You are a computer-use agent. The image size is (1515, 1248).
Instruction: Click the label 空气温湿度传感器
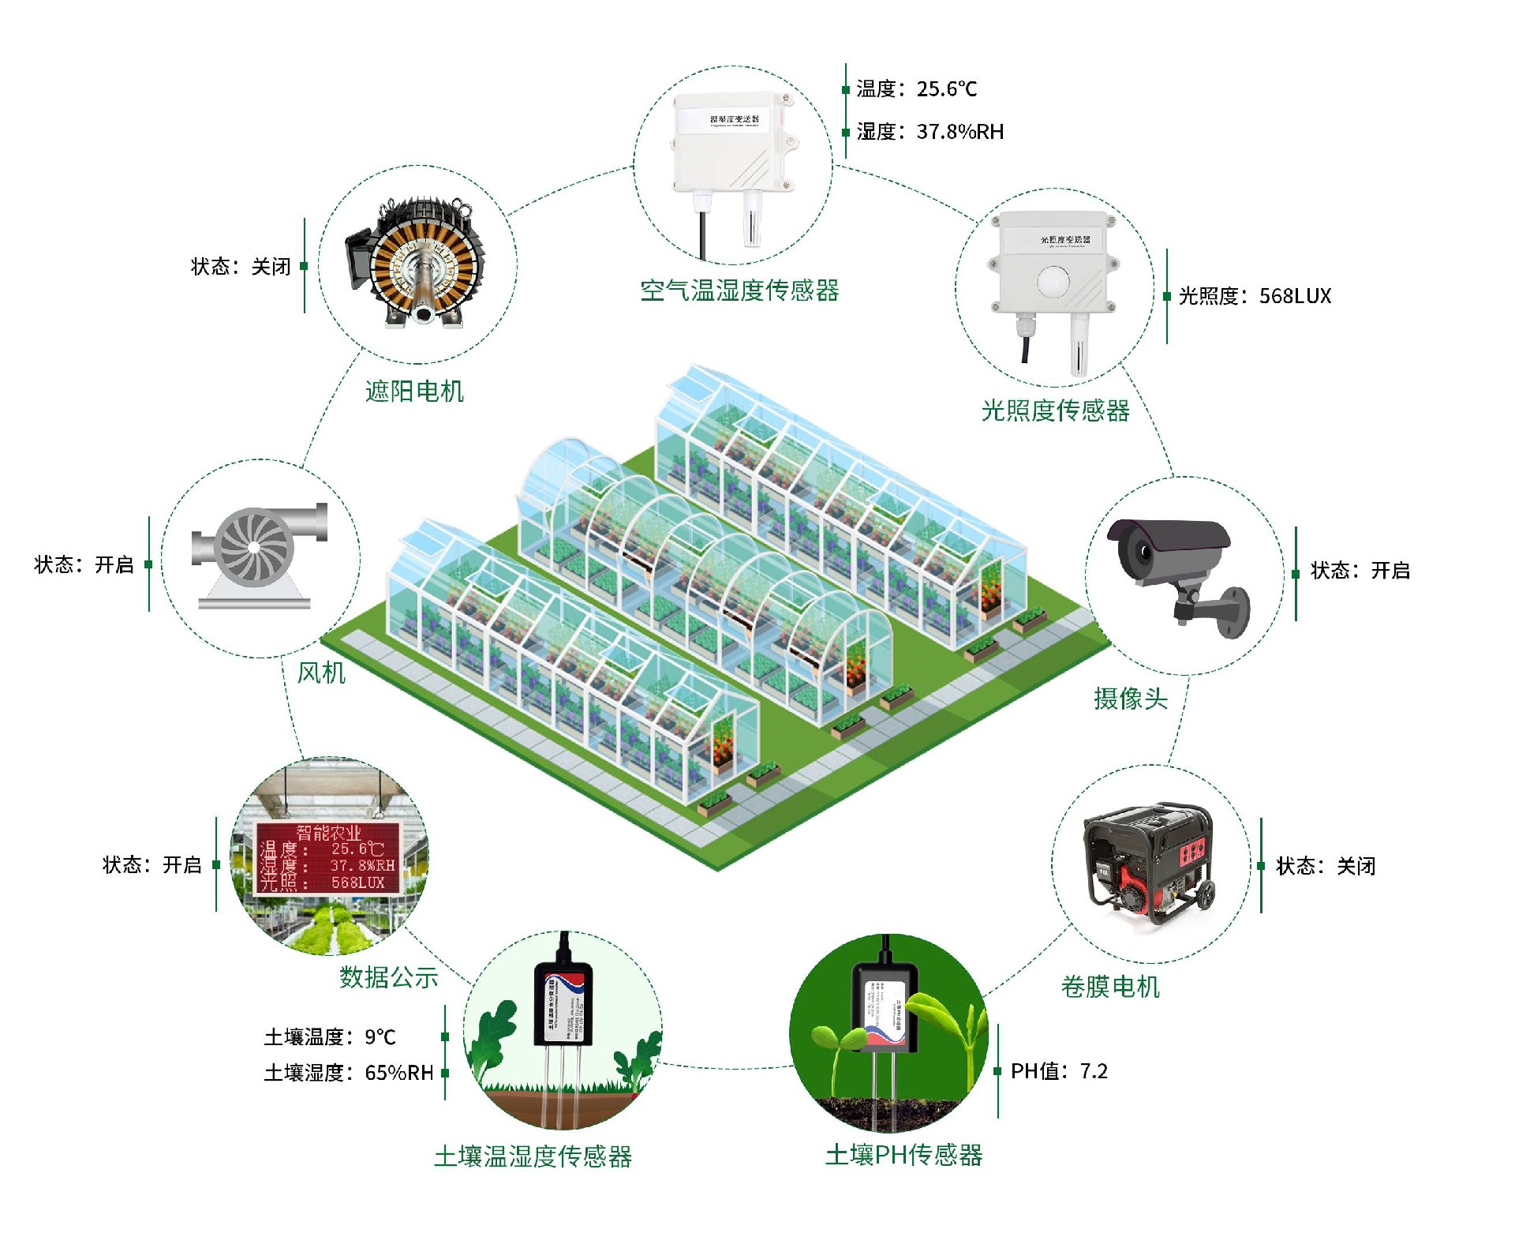(739, 290)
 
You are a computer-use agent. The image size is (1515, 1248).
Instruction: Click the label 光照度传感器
(1055, 410)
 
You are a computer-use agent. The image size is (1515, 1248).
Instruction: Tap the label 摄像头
(1130, 699)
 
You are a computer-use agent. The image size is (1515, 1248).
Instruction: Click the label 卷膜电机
(1110, 987)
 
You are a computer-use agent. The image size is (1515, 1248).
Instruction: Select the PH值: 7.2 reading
(1059, 1071)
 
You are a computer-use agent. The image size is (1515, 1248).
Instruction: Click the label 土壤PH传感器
(903, 1156)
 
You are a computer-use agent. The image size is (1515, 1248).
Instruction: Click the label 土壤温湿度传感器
(533, 1157)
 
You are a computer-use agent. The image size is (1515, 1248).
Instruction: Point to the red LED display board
(327, 858)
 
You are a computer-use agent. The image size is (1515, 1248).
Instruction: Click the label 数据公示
(388, 977)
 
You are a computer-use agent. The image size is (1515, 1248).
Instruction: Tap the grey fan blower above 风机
(256, 549)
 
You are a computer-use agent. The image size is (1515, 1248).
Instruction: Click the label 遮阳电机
(414, 392)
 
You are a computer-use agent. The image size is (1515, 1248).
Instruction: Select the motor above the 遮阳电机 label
(415, 264)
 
